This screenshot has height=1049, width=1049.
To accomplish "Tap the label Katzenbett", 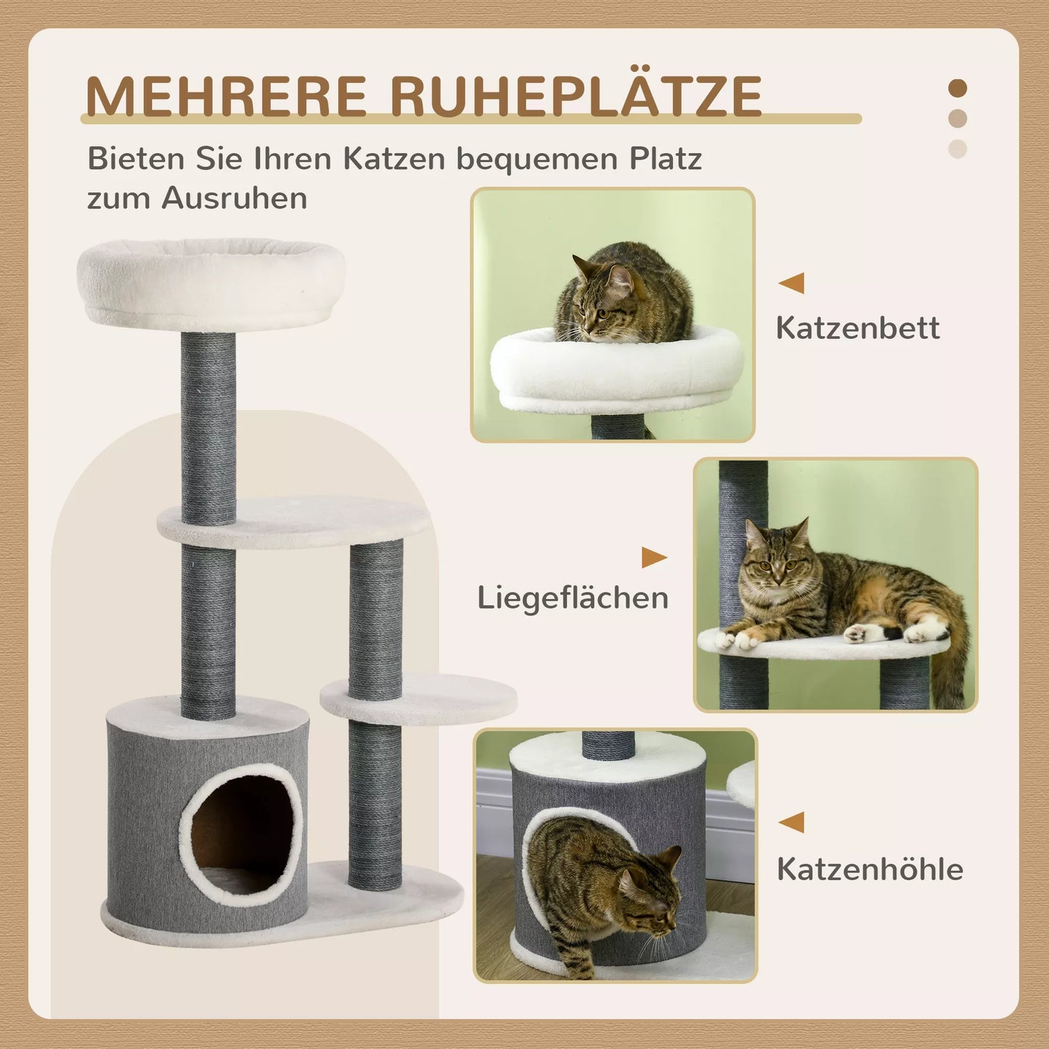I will (x=857, y=328).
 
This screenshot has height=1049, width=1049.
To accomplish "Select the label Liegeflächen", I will (x=573, y=598).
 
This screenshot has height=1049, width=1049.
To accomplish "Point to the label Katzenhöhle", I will (x=870, y=869).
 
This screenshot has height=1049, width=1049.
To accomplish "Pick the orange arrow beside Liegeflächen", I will (x=653, y=558).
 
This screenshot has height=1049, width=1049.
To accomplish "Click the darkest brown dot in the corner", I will (x=958, y=89).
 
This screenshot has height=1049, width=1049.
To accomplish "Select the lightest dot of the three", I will (x=958, y=149).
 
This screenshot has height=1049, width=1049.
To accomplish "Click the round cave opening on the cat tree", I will (x=241, y=835).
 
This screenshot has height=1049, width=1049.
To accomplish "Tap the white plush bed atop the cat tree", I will (x=211, y=283).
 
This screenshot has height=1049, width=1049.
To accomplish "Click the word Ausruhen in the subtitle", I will (x=234, y=197).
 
